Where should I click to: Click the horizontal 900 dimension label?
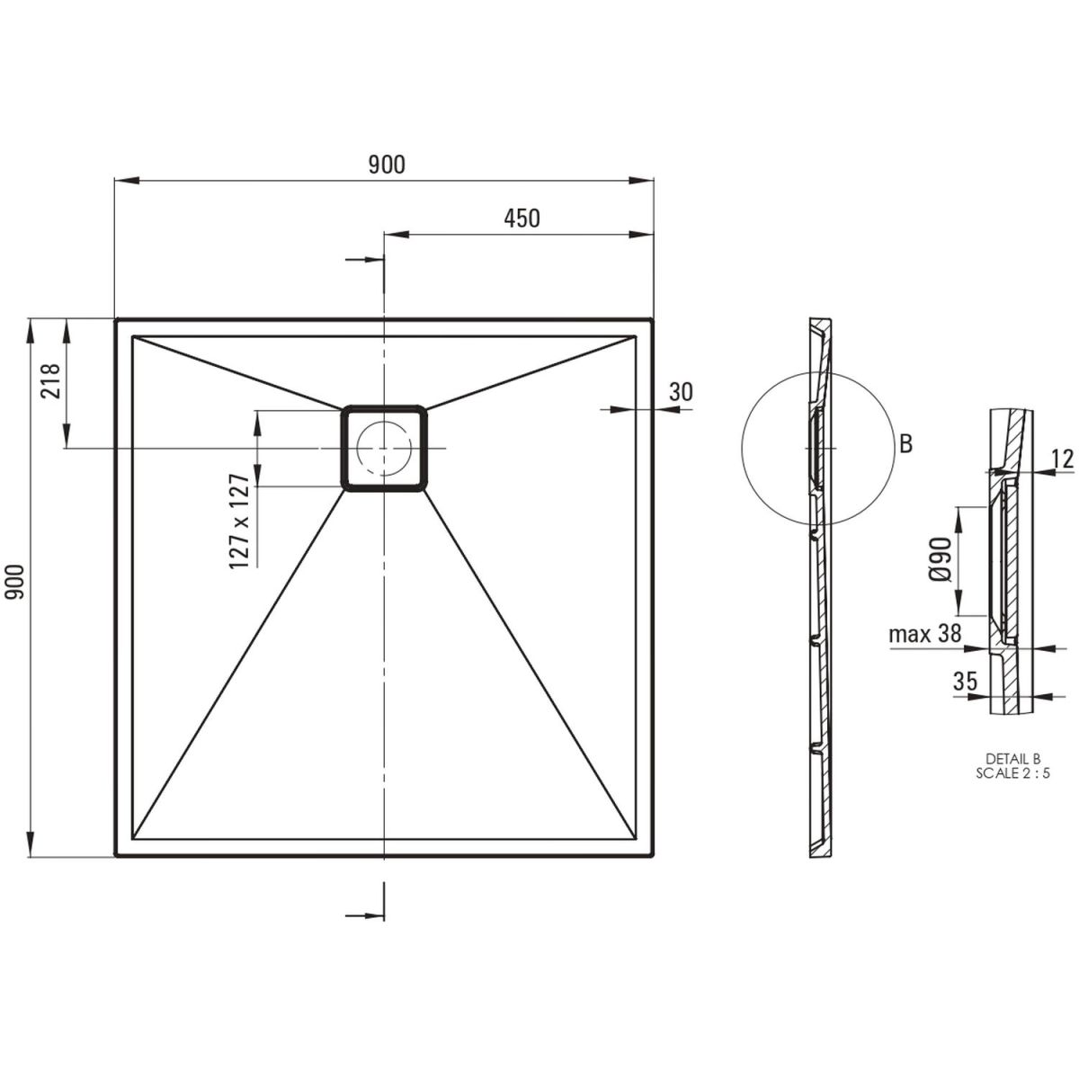387,165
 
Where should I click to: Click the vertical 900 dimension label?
15,583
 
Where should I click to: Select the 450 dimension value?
522,218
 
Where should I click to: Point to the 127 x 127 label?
239,522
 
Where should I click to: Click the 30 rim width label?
681,392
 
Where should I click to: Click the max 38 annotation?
925,633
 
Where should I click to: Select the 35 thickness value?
965,681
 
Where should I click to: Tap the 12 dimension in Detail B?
1062,459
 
